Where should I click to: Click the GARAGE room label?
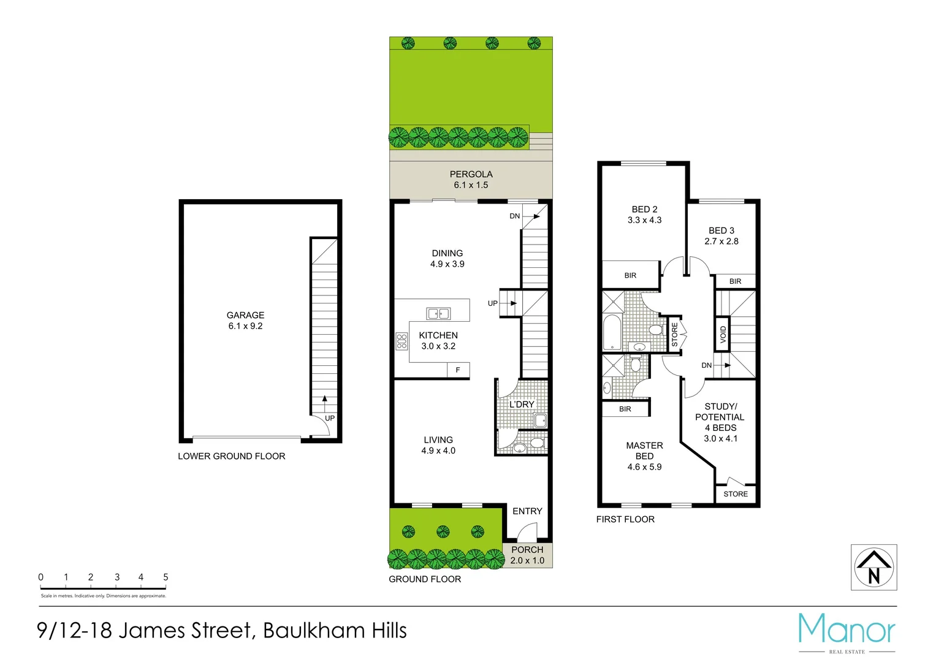tap(245, 315)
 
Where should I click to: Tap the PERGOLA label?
tap(471, 174)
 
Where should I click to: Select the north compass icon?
tap(873, 568)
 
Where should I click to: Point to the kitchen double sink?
tap(438, 314)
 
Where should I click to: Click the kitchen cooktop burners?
tap(401, 341)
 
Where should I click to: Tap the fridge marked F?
tap(458, 370)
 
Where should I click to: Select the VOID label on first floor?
tap(723, 334)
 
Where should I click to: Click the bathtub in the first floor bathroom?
tap(612, 332)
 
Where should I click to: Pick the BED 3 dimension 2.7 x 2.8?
tap(721, 242)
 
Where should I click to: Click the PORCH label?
tap(527, 550)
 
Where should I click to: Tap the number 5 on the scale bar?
tap(166, 577)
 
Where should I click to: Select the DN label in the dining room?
tap(515, 216)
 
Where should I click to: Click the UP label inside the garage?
tap(330, 418)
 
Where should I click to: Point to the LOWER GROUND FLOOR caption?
tap(231, 456)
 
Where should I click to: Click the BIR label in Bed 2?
tap(630, 276)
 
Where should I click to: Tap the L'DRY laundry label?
tap(522, 405)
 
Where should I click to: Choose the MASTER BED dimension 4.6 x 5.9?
tap(644, 467)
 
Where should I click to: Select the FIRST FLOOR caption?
tap(625, 519)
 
